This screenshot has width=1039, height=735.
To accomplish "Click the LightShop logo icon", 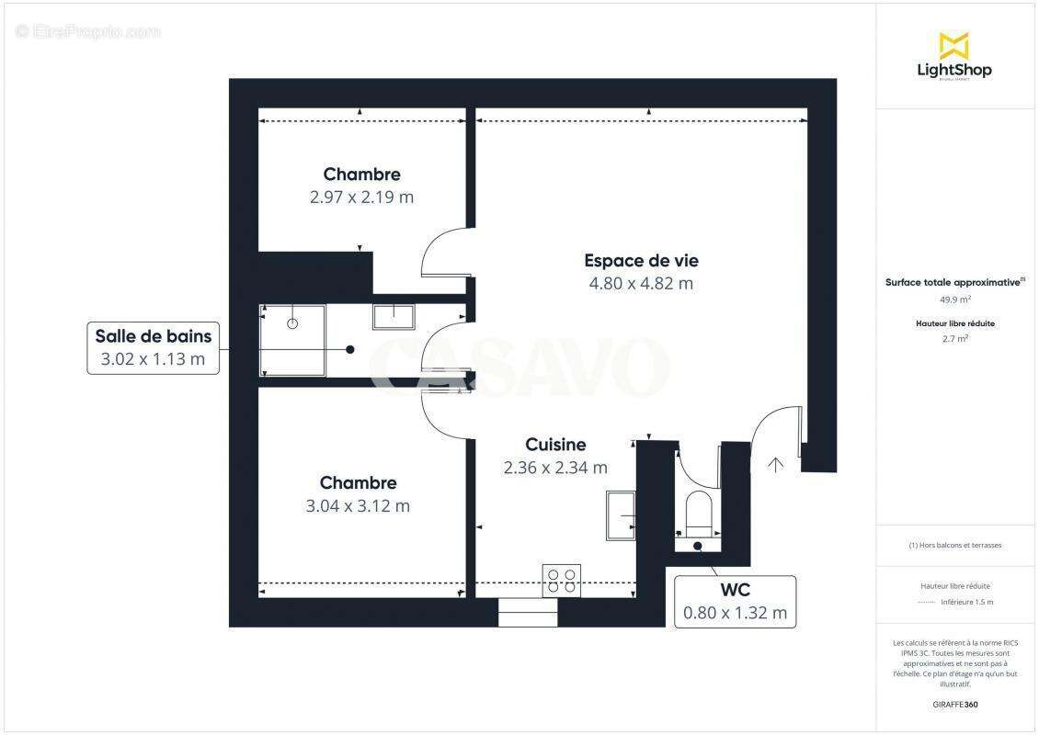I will click(x=953, y=46).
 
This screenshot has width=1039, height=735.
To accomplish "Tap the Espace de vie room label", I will click(x=641, y=261).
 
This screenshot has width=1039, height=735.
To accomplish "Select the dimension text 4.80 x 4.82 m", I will click(x=641, y=284).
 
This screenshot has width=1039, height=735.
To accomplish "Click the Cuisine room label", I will click(x=555, y=445).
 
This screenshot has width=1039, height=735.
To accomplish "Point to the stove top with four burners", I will click(x=561, y=580).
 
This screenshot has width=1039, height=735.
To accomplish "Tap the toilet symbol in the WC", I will click(x=698, y=514).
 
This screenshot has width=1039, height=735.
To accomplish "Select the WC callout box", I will click(x=735, y=602).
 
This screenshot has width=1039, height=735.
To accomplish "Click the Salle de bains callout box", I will click(x=154, y=347).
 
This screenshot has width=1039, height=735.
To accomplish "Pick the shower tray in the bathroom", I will click(x=293, y=340).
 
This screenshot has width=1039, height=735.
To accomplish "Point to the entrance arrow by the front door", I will click(x=775, y=465).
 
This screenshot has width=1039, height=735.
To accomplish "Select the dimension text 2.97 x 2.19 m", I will click(x=361, y=197).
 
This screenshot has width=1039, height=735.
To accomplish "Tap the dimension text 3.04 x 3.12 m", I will click(x=359, y=505).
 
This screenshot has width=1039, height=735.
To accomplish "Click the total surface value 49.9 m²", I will click(x=955, y=300).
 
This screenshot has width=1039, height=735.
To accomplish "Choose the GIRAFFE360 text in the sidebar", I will click(x=955, y=706).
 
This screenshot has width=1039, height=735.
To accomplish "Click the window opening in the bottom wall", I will click(x=528, y=613).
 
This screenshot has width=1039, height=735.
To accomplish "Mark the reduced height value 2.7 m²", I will click(x=955, y=339).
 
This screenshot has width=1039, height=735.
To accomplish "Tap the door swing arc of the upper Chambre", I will click(x=440, y=252).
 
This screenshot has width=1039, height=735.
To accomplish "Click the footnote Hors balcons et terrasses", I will click(x=955, y=545).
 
